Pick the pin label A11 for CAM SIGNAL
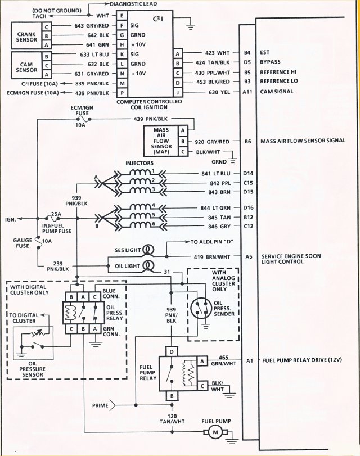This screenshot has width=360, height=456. pos(247,92)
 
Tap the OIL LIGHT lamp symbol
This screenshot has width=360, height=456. pos(149,265)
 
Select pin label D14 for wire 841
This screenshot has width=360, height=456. pos(248,174)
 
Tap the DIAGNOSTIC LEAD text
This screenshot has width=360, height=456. pos(136,4)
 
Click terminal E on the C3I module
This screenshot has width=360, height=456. pos(121,16)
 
